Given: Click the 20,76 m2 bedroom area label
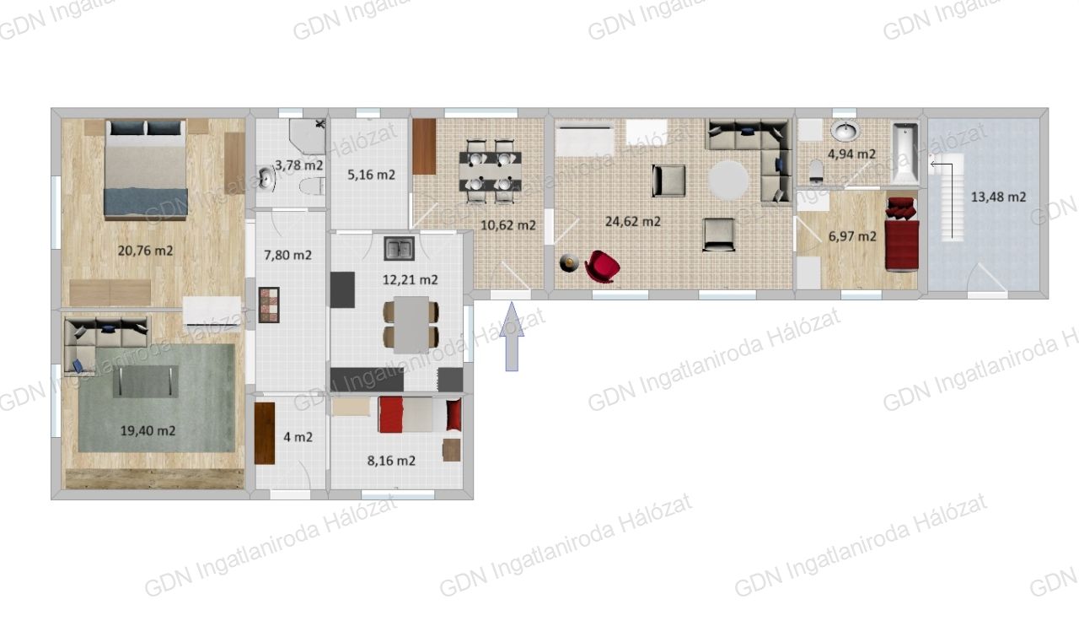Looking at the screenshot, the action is click(145, 251).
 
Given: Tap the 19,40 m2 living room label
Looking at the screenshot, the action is click(148, 430).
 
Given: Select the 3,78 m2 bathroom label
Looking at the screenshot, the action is click(298, 165).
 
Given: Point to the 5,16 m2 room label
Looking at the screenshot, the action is click(371, 175).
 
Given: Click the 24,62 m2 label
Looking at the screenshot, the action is click(632, 221).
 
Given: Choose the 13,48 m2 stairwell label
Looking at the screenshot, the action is click(998, 197).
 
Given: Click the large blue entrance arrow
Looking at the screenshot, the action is click(512, 337).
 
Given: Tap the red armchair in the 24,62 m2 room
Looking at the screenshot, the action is click(602, 267).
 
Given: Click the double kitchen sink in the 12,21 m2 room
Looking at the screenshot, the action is click(399, 248).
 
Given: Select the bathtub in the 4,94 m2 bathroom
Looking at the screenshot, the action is click(905, 154).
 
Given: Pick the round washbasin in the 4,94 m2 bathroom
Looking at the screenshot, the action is click(845, 130).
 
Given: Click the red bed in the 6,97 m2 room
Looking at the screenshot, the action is click(902, 235).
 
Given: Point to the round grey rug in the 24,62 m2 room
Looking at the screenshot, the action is click(727, 180).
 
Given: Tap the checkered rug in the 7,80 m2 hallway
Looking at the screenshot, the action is click(269, 305).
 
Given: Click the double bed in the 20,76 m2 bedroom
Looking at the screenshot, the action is click(145, 170).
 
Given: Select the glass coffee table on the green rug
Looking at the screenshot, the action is click(146, 381).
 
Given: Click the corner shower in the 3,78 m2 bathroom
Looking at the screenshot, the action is click(308, 137).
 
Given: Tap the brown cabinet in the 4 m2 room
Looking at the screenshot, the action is click(265, 433).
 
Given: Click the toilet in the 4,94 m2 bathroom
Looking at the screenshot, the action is click(816, 172).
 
